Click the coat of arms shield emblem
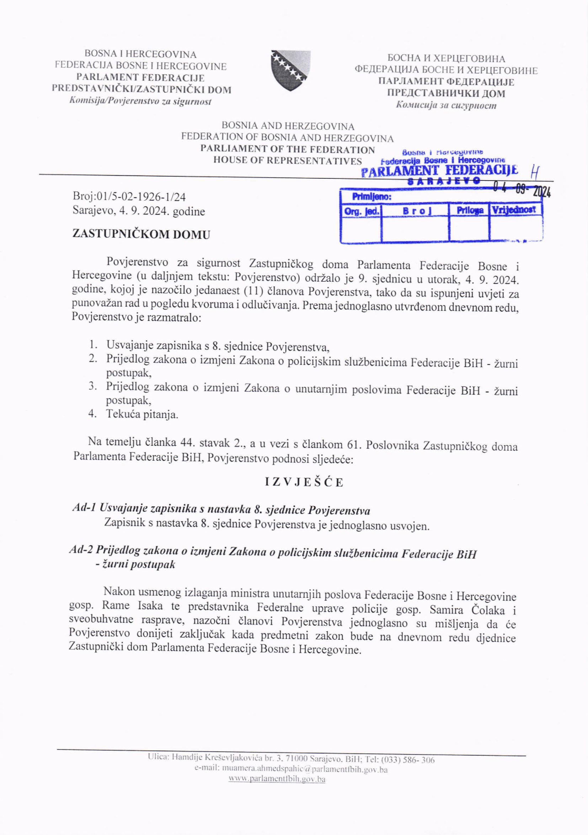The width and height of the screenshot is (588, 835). point(290,70)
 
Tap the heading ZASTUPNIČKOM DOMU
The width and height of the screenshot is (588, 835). point(141,234)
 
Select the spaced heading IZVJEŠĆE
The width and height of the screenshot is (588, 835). point(304,482)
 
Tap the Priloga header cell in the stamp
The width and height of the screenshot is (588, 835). point(470,210)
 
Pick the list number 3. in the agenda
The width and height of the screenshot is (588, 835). point(92,386)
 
